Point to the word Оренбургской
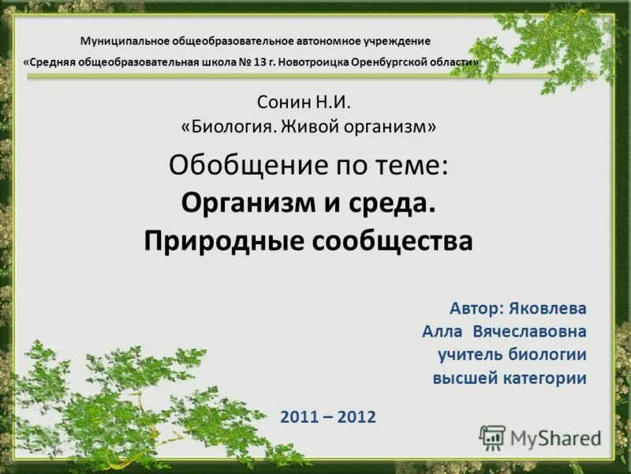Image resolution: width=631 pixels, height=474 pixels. [x=387, y=62]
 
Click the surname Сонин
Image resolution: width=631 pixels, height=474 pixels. [x=279, y=102]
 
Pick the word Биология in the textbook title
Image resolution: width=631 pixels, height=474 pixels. [x=229, y=126]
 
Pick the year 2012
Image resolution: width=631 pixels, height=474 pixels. [x=357, y=416]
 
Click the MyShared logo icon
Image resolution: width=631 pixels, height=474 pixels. [x=492, y=437]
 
